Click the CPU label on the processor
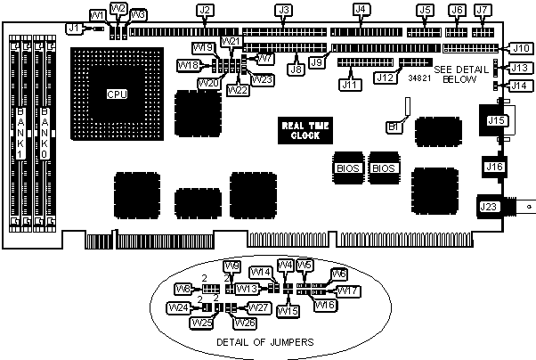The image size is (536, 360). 115,94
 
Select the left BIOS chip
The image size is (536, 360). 347,168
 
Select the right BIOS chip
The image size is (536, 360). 383,168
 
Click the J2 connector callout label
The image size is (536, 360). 205,11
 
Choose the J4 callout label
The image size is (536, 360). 361,11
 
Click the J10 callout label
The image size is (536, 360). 520,48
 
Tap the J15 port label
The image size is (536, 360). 495,119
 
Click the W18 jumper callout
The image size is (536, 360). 188,65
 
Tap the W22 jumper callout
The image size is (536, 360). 238,89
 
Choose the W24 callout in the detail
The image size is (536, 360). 178,308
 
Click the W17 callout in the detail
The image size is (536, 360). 348,290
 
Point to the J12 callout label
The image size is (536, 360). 386,78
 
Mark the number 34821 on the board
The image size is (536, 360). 419,78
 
